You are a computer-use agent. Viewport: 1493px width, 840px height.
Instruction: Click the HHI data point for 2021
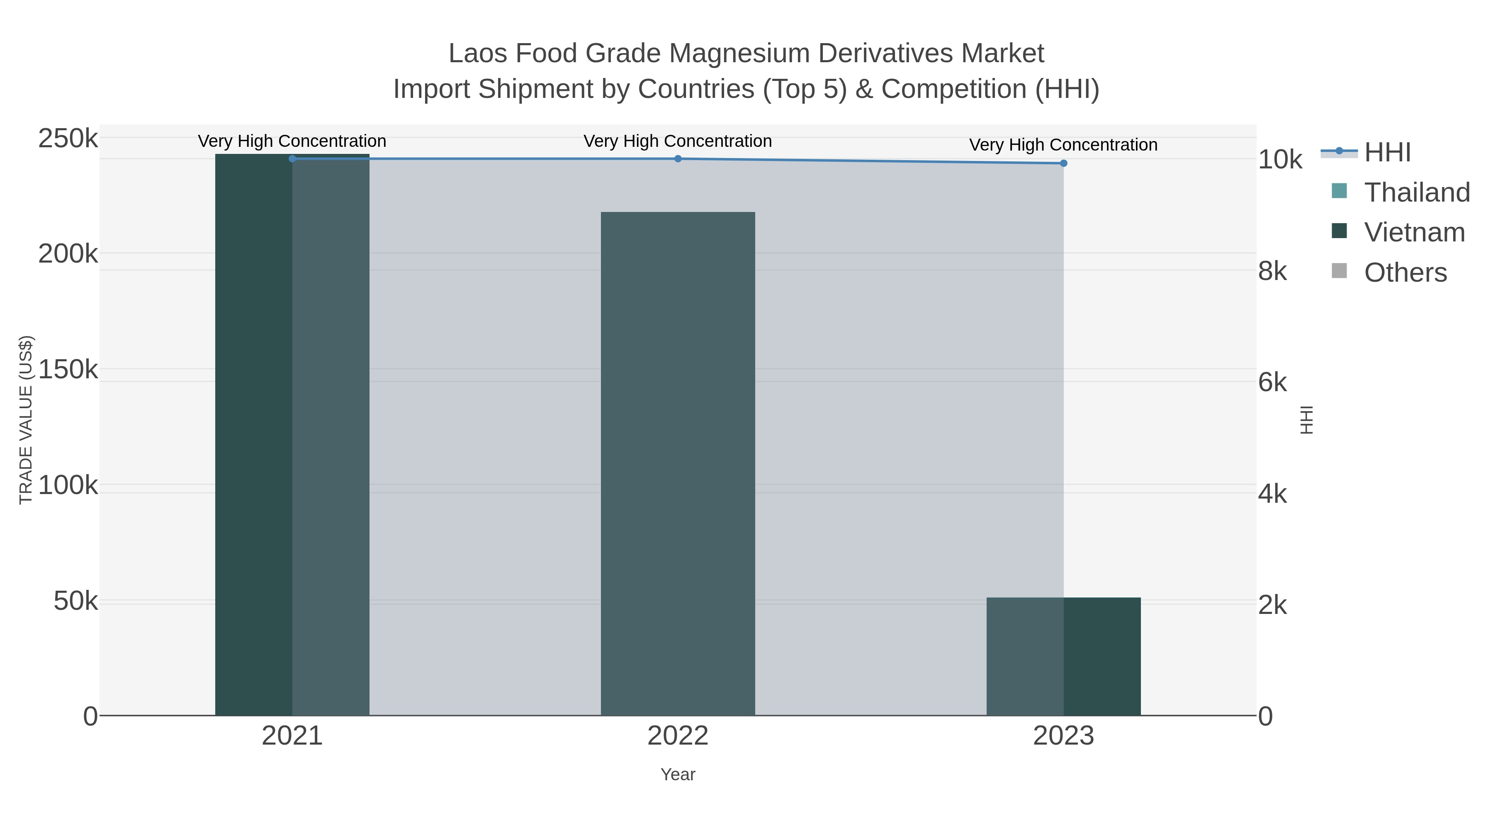pyautogui.click(x=292, y=158)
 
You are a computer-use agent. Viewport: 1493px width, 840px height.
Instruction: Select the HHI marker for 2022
pyautogui.click(x=678, y=158)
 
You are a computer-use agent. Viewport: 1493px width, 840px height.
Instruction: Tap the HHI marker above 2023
pyautogui.click(x=1063, y=163)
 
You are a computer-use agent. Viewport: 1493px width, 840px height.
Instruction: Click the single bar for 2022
pyautogui.click(x=678, y=463)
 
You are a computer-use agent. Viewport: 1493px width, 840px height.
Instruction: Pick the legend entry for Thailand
pyautogui.click(x=1417, y=192)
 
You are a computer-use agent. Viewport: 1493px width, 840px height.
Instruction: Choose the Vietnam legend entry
pyautogui.click(x=1414, y=232)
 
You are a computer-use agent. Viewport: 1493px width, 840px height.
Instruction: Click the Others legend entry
pyautogui.click(x=1405, y=273)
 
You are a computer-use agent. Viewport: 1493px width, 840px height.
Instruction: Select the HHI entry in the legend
pyautogui.click(x=1387, y=153)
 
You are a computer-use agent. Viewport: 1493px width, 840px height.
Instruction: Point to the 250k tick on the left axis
pyautogui.click(x=68, y=139)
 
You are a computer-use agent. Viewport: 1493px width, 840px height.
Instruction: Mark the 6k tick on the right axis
pyautogui.click(x=1272, y=382)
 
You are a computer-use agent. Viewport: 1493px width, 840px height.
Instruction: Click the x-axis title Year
pyautogui.click(x=678, y=774)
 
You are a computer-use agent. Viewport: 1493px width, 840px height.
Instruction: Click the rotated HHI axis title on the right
pyautogui.click(x=1306, y=420)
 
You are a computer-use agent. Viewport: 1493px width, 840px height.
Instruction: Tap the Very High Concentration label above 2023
pyautogui.click(x=1063, y=145)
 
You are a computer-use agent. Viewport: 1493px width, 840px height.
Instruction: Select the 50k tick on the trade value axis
pyautogui.click(x=75, y=601)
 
